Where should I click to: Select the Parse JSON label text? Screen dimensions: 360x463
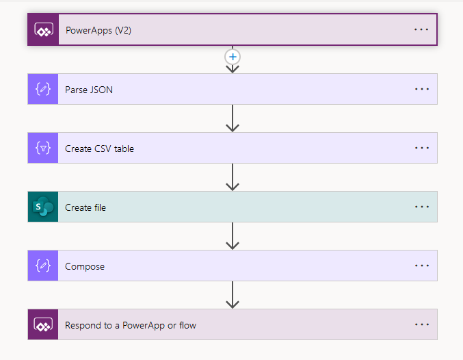pyautogui.click(x=89, y=89)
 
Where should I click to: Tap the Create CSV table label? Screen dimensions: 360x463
pyautogui.click(x=99, y=148)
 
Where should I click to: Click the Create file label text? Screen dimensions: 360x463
pyautogui.click(x=85, y=207)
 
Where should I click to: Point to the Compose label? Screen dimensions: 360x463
pyautogui.click(x=85, y=266)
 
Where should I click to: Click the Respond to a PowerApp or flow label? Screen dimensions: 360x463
pyautogui.click(x=131, y=324)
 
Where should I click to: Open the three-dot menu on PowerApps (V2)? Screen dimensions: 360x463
pyautogui.click(x=421, y=30)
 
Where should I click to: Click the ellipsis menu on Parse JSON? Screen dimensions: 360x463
pyautogui.click(x=421, y=89)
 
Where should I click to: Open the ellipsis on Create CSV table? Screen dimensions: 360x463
pyautogui.click(x=421, y=148)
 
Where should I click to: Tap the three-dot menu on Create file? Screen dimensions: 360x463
pyautogui.click(x=421, y=207)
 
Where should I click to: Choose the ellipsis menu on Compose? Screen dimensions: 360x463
pyautogui.click(x=421, y=266)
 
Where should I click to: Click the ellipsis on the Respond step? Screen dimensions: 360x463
pyautogui.click(x=421, y=324)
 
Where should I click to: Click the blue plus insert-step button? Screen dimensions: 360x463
pyautogui.click(x=233, y=57)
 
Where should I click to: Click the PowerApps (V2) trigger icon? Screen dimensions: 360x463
pyautogui.click(x=43, y=30)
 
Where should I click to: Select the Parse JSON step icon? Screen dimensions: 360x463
pyautogui.click(x=43, y=89)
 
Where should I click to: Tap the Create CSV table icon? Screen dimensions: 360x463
pyautogui.click(x=43, y=148)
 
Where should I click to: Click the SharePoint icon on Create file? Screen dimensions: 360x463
pyautogui.click(x=43, y=207)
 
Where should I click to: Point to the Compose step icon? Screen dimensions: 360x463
pyautogui.click(x=43, y=266)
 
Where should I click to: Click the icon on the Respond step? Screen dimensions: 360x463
pyautogui.click(x=43, y=324)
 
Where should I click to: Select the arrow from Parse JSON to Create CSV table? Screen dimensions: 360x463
pyautogui.click(x=233, y=118)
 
